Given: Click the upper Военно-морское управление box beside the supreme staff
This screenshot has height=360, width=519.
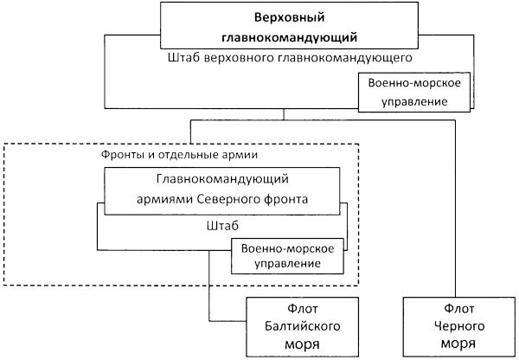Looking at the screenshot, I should click(415, 91).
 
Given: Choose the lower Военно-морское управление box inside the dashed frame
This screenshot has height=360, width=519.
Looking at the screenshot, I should click(285, 254).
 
